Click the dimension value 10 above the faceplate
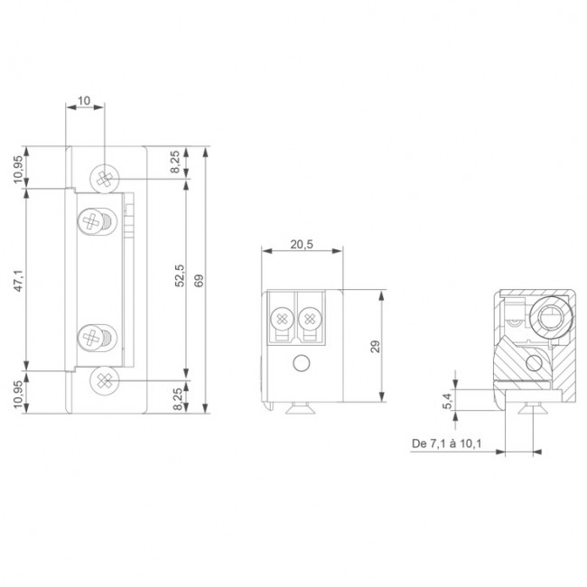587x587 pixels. [84, 100]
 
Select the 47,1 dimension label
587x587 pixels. [19, 280]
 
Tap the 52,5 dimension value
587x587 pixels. [180, 275]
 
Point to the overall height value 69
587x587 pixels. [200, 280]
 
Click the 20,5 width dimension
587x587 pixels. [302, 245]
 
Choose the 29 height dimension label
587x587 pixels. [375, 346]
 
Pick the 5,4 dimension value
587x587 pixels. [447, 401]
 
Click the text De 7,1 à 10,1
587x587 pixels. [446, 443]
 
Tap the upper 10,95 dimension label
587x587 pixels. [18, 169]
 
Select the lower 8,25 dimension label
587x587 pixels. [178, 399]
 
